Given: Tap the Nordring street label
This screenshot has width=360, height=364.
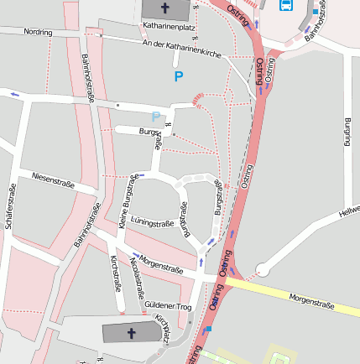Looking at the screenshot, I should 38,32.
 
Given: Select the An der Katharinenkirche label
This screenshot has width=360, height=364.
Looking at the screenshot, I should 182,48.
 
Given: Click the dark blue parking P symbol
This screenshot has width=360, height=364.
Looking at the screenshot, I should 178,76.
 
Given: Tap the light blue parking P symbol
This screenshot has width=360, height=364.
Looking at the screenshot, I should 155,117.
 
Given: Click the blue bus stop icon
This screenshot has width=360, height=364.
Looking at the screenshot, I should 285,5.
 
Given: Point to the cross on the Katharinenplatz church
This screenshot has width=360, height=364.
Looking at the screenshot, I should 164,8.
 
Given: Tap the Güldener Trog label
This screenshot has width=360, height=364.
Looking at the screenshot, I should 168,307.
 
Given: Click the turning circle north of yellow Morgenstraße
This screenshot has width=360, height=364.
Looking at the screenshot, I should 263,269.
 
